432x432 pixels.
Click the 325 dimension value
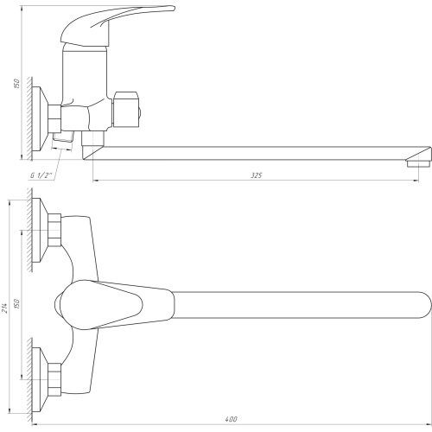pyautogui.click(x=256, y=175)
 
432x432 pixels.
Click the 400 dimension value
pyautogui.click(x=231, y=419)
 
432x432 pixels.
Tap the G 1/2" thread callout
pyautogui.click(x=41, y=175)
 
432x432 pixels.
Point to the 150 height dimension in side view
pyautogui.click(x=16, y=83)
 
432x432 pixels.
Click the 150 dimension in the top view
pyautogui.click(x=16, y=304)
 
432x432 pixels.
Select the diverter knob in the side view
pyautogui.click(x=127, y=110)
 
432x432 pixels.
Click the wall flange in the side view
pyautogui.click(x=40, y=118)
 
